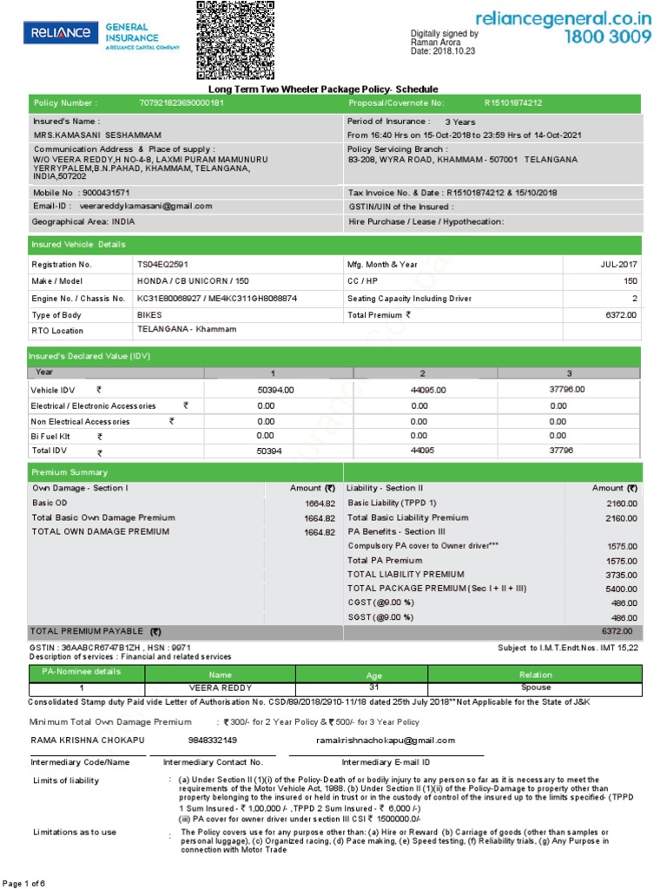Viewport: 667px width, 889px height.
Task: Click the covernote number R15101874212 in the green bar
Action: (x=513, y=103)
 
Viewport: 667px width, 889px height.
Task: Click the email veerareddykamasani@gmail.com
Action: (x=146, y=207)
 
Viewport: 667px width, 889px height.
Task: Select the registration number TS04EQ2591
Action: (x=162, y=264)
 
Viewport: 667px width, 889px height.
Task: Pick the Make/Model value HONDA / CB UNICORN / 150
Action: (x=193, y=281)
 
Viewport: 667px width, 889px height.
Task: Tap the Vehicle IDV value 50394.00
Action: (x=276, y=391)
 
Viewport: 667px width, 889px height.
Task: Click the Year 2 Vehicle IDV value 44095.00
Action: (x=428, y=391)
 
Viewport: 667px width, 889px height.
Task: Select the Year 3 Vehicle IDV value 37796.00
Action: (x=567, y=390)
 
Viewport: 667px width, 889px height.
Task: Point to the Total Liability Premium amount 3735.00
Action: (x=621, y=575)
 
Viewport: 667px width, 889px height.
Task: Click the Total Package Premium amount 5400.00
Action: (x=621, y=589)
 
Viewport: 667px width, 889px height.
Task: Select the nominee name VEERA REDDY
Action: (x=220, y=688)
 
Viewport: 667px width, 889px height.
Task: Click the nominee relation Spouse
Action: (x=535, y=688)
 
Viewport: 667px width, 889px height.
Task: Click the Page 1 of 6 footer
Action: (x=26, y=883)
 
